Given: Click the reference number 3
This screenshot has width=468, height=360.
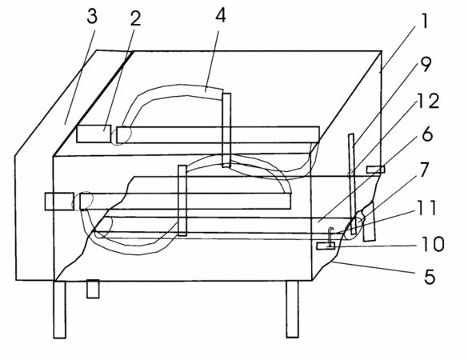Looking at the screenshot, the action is pos(92,17).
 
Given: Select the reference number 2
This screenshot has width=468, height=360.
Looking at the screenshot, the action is pos(135,18).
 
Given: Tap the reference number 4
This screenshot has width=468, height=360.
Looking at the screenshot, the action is pos(221,15).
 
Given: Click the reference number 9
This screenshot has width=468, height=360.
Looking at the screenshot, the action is pos(425,65).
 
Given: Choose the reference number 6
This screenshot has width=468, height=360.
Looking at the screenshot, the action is pos(427,134).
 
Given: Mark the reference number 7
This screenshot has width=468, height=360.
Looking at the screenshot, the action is pos(424,170).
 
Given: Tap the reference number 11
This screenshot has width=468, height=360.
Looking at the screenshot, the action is pos(427,208).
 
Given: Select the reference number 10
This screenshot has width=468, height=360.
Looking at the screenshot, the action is pos(433,244).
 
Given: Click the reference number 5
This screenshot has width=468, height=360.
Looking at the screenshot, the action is pos(430,277).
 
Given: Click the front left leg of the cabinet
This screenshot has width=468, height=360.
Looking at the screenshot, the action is pos(60,310).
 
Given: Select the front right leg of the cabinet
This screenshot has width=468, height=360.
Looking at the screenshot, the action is pos(292,309).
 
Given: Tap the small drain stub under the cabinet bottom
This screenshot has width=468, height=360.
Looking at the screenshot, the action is pos(93,289).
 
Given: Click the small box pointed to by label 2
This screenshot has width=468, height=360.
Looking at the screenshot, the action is pos(94,134).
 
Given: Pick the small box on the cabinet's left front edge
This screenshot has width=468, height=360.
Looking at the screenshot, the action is pos(59,202).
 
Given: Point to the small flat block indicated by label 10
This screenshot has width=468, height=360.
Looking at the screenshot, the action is pos(326,246).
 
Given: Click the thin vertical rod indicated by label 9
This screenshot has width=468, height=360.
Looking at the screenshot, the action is pos(353,183).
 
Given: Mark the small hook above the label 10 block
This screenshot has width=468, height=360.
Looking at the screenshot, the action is pos(330,237).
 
